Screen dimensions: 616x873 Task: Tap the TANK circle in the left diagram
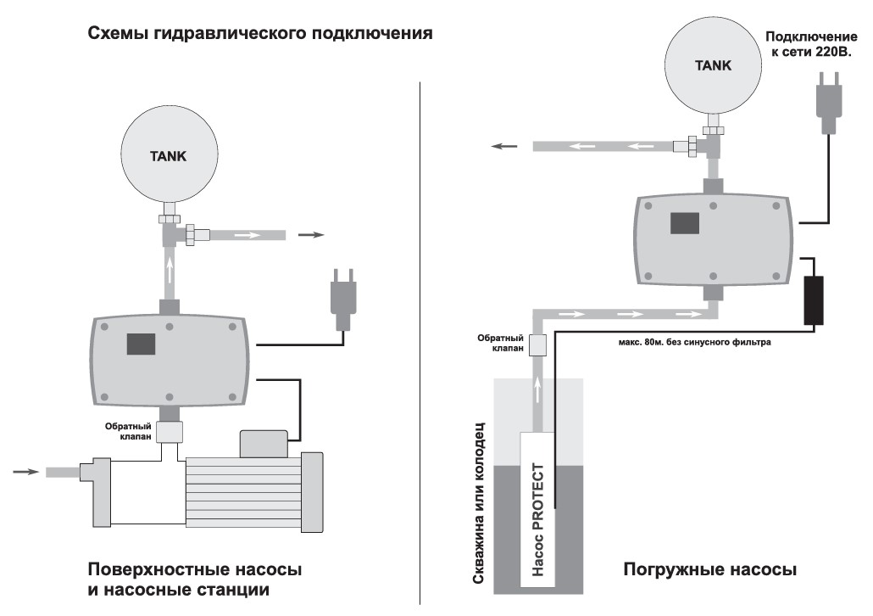[x=169, y=156]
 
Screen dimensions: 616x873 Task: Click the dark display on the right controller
[x=685, y=222]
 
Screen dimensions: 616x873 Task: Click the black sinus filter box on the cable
[x=815, y=300]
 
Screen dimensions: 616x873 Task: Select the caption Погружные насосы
[x=709, y=569]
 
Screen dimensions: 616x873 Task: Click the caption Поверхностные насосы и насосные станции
[x=194, y=579]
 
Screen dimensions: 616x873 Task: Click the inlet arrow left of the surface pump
[x=25, y=471]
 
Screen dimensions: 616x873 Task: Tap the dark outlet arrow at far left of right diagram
[x=505, y=147]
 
